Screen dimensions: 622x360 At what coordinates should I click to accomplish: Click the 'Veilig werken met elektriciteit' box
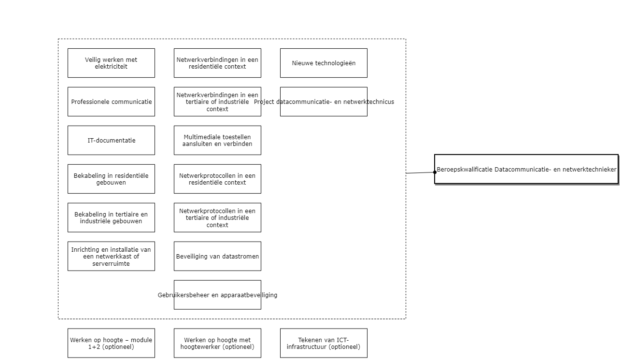[111, 63]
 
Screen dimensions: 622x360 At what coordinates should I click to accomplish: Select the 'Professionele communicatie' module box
[111, 101]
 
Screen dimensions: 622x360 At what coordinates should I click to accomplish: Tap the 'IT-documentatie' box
[111, 140]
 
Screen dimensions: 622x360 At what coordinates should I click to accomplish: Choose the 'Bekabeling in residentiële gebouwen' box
[111, 179]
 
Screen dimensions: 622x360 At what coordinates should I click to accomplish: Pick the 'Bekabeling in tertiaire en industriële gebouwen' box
[111, 217]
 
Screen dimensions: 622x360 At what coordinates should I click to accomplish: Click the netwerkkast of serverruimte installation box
[111, 256]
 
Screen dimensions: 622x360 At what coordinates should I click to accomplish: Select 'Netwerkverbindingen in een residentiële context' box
[217, 63]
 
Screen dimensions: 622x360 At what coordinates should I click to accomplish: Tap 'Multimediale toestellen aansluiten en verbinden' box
[217, 140]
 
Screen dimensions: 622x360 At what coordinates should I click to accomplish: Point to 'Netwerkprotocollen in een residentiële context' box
[217, 179]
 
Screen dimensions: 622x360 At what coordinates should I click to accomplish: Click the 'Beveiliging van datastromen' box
[217, 256]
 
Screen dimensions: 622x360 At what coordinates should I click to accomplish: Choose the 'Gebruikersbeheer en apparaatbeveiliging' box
[217, 295]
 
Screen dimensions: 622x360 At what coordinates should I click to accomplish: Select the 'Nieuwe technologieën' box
[324, 63]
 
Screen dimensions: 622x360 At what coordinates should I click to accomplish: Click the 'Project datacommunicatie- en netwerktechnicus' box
[324, 101]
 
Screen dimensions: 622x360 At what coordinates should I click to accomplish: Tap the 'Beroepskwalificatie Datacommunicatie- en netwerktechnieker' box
[526, 169]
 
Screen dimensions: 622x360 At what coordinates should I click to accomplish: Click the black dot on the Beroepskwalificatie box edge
[435, 172]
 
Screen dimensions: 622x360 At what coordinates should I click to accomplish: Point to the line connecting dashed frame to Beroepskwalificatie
[420, 173]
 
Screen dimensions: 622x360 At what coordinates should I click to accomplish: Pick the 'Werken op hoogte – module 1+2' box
[111, 343]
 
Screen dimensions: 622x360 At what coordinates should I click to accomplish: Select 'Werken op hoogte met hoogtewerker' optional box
[217, 343]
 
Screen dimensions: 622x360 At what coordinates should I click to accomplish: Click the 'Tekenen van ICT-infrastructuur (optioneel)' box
[324, 343]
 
